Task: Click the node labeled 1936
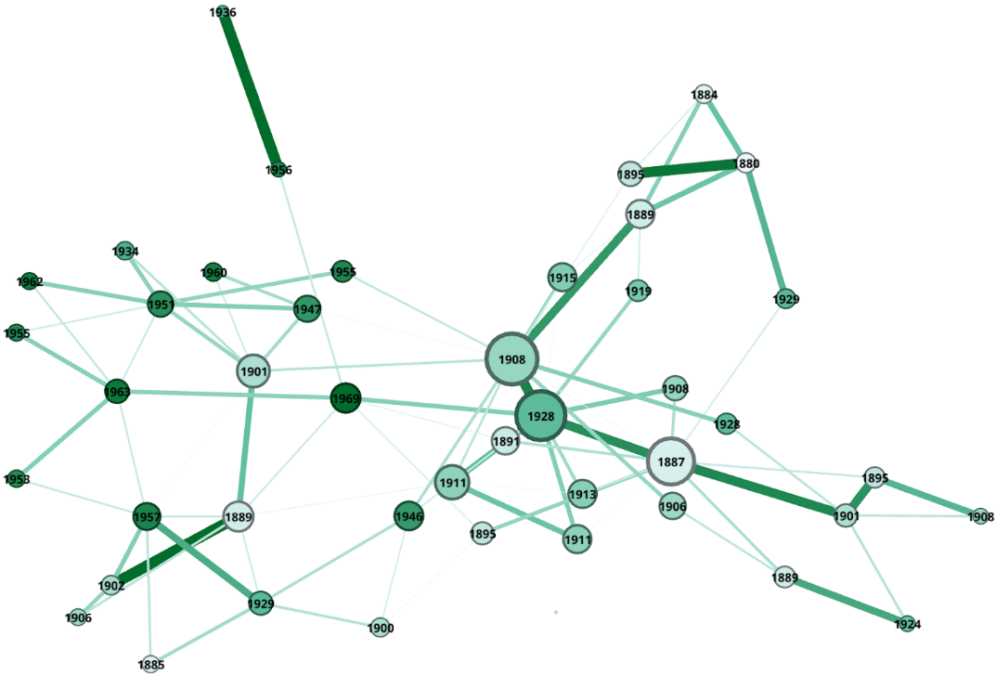pos(223,13)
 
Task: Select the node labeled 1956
pos(278,170)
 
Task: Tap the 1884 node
pos(705,94)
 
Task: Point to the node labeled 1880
pos(746,163)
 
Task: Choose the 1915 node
pos(563,278)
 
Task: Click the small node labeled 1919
pos(638,292)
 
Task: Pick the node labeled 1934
pos(125,251)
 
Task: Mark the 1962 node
pos(30,281)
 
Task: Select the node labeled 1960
pos(213,272)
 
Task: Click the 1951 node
pos(161,305)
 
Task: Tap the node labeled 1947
pos(307,309)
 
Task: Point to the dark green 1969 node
pos(345,399)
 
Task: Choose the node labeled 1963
pos(117,392)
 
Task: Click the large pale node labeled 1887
pos(670,461)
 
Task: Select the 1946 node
pos(408,517)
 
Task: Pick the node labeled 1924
pos(908,625)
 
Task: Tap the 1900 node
pos(380,628)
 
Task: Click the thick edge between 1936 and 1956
pos(251,91)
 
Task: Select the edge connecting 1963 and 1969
pos(231,396)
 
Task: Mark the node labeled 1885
pos(151,664)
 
